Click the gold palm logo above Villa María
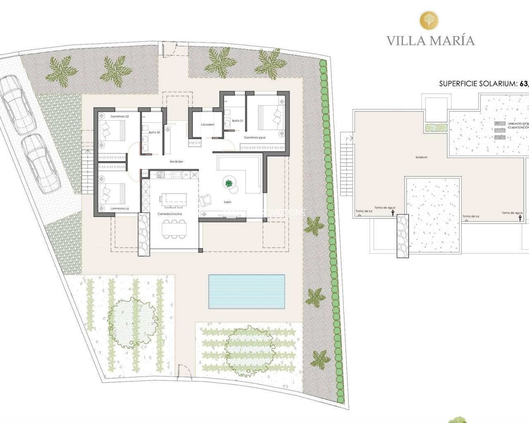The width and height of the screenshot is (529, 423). (x=430, y=19)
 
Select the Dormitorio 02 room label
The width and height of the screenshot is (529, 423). (x=119, y=117)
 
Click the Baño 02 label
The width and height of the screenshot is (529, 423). (x=154, y=132)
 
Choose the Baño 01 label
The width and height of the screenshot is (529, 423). (x=237, y=121)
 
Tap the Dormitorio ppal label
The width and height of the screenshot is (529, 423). (x=254, y=138)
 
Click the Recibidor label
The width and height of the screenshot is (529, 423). (x=176, y=162)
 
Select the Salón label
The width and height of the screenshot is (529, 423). (x=227, y=202)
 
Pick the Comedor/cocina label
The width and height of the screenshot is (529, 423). (x=170, y=214)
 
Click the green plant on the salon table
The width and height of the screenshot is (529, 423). (x=228, y=183)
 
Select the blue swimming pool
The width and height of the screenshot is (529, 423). (x=247, y=292)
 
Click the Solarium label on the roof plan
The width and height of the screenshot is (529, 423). (x=422, y=157)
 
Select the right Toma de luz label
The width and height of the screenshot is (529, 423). (x=471, y=216)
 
